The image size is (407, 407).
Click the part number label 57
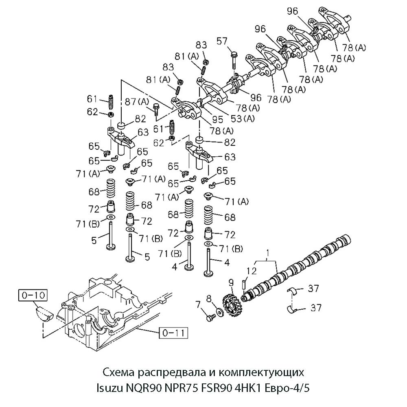pos(232,41)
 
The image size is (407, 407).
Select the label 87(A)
pos(137,101)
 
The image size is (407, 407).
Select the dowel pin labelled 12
pos(244,283)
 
